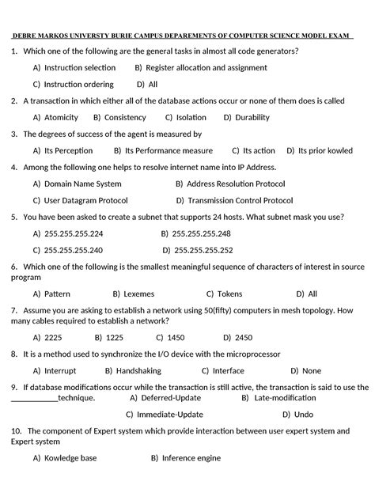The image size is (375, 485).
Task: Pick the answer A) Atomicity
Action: pyautogui.click(x=55, y=117)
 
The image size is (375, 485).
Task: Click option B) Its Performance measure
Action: pyautogui.click(x=163, y=150)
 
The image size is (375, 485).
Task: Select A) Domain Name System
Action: pyautogui.click(x=77, y=184)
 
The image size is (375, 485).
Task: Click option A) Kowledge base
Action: pyautogui.click(x=65, y=458)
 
